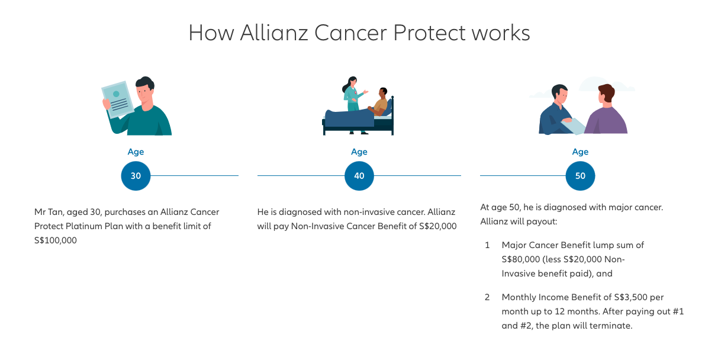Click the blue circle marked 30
[x=136, y=175]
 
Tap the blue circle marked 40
[x=359, y=175]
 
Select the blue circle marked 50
[x=581, y=175]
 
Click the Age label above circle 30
[x=136, y=152]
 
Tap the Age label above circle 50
[x=581, y=152]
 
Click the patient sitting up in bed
[x=379, y=103]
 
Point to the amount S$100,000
[x=56, y=240]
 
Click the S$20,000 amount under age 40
[x=438, y=226]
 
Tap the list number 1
[x=487, y=245]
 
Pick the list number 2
[x=487, y=297]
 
